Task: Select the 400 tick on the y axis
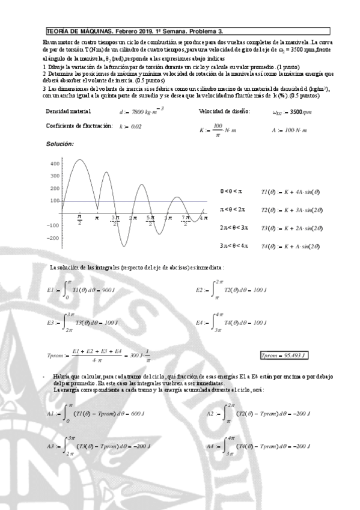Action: (55, 163)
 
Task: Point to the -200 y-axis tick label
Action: (53, 238)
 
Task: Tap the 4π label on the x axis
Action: (203, 218)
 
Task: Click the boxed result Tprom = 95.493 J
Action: (284, 355)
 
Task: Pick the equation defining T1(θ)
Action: (290, 191)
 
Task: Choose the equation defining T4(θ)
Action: (290, 246)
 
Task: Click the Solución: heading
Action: (60, 144)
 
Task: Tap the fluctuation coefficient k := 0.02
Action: (130, 126)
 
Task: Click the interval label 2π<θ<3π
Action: (234, 228)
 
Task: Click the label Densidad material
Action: (69, 111)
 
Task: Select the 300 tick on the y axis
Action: (55, 176)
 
